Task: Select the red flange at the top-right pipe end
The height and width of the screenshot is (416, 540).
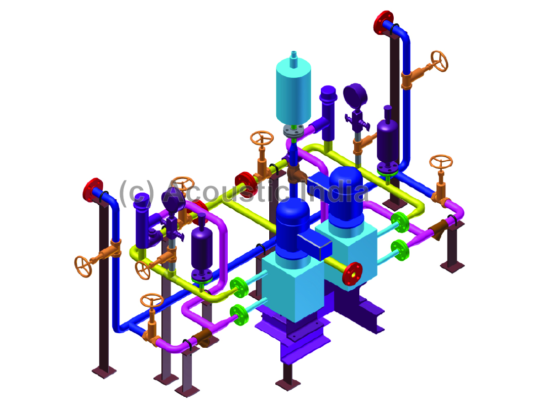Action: coord(383,23)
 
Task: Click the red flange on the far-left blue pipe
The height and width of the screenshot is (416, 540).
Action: coord(93,190)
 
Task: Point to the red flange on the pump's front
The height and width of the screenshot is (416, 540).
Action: coord(352,274)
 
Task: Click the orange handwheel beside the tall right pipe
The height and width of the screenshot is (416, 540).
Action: coord(439,61)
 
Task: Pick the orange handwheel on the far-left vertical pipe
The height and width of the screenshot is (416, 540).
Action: coord(83,266)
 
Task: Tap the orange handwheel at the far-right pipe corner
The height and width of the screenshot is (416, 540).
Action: coord(441,161)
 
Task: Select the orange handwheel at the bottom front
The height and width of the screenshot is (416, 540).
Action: coord(152,300)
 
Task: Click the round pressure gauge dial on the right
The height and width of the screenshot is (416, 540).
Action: coord(355,95)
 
